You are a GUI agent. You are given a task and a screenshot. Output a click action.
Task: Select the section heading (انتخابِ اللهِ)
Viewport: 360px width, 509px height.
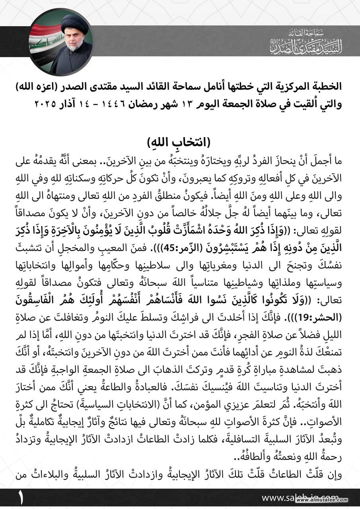tap(180, 142)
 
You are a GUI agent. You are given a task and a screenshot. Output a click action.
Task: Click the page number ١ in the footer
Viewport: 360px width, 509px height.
tap(19, 498)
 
